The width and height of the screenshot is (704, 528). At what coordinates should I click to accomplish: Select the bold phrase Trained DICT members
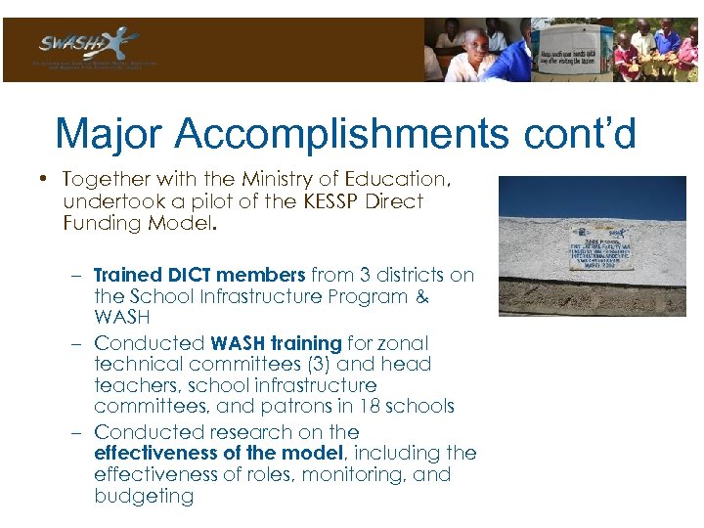click(200, 276)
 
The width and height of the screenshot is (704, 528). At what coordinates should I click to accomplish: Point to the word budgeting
click(144, 496)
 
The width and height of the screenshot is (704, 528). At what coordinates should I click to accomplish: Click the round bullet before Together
click(45, 180)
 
